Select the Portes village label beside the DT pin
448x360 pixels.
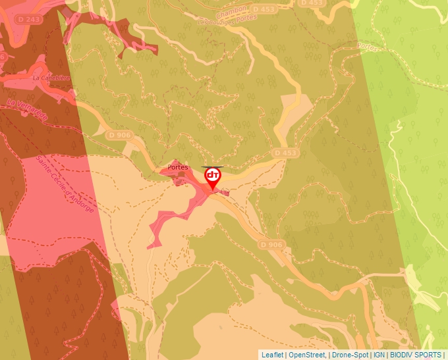click(x=178, y=167)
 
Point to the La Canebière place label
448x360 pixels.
click(x=51, y=78)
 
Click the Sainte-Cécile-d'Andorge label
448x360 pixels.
click(x=65, y=184)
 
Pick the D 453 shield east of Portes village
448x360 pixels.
click(x=285, y=153)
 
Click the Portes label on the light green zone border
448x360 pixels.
click(x=367, y=47)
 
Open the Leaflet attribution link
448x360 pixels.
click(x=272, y=355)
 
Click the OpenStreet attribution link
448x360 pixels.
click(x=307, y=355)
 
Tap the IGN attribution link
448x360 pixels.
click(x=379, y=355)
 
